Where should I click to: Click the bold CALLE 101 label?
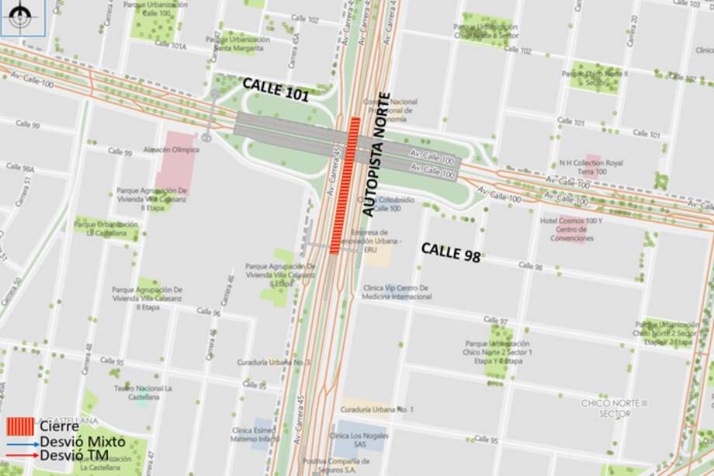tap(276, 90)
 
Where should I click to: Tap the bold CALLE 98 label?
tap(450, 252)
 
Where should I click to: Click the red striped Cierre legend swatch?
tap(19, 426)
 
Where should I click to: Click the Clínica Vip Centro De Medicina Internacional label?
tap(397, 292)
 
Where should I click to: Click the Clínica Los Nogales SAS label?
tap(358, 440)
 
